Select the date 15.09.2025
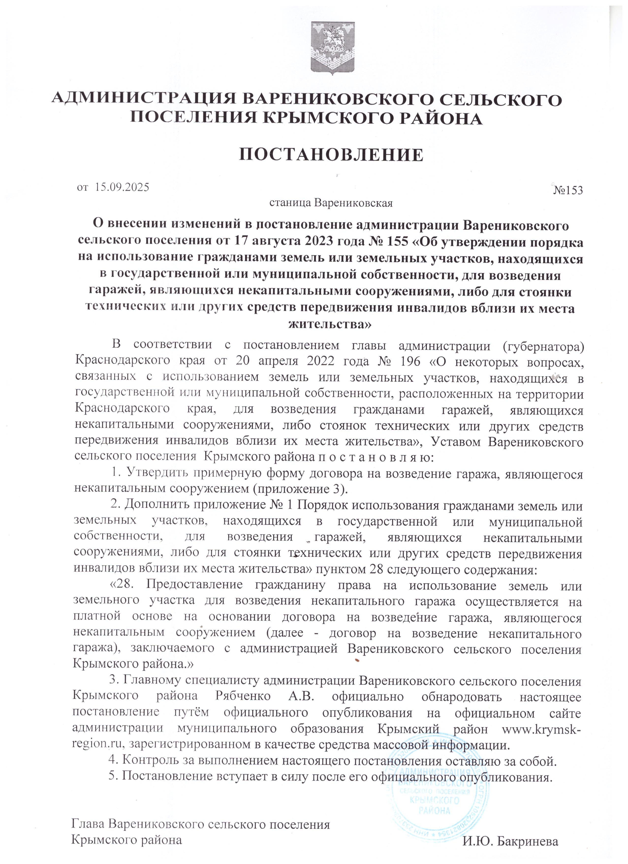(x=122, y=187)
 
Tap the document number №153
(x=568, y=190)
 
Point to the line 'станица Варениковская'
(x=330, y=203)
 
